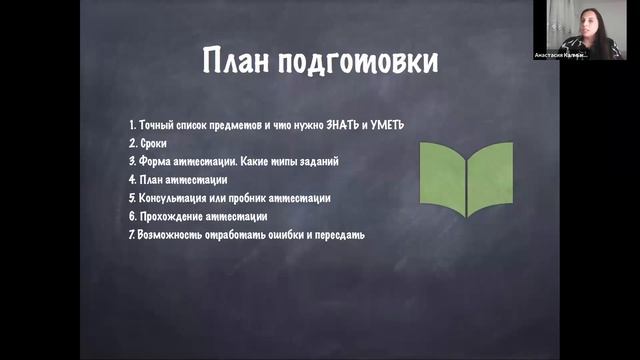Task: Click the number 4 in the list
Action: point(132,180)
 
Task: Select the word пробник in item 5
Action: point(256,198)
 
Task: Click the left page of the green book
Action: point(441,178)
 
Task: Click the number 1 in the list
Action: point(132,125)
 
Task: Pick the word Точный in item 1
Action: point(156,125)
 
